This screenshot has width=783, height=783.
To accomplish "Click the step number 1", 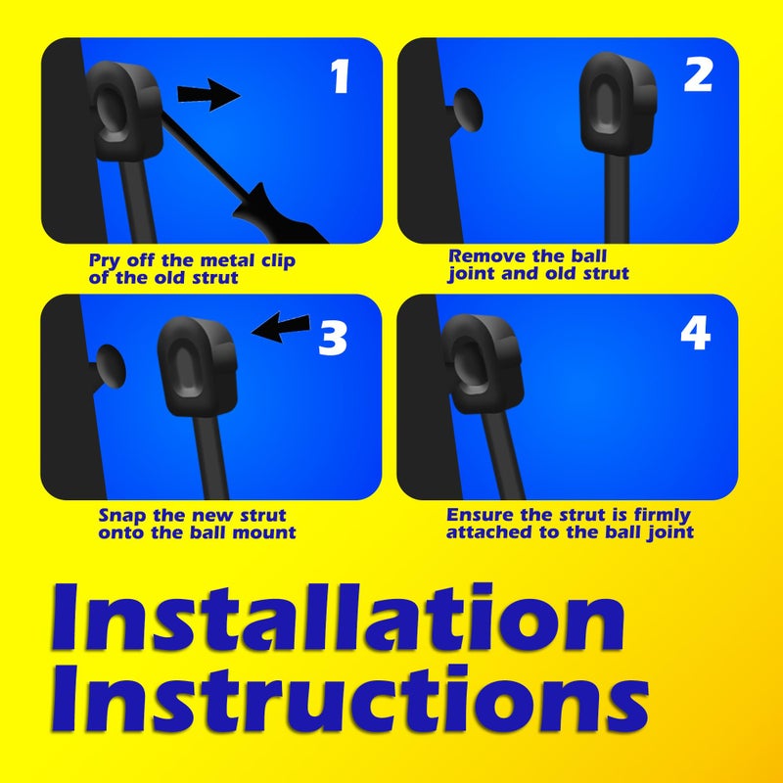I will point(340,76).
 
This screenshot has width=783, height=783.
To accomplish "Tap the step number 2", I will point(697,74).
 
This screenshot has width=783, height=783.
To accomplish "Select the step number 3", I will point(333,338).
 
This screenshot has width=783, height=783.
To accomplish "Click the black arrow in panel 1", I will point(208,95).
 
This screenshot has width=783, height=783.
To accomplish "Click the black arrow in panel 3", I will point(281,329).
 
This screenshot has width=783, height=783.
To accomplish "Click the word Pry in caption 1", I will point(107,261).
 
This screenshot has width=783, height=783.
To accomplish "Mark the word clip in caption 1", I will point(274,261).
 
